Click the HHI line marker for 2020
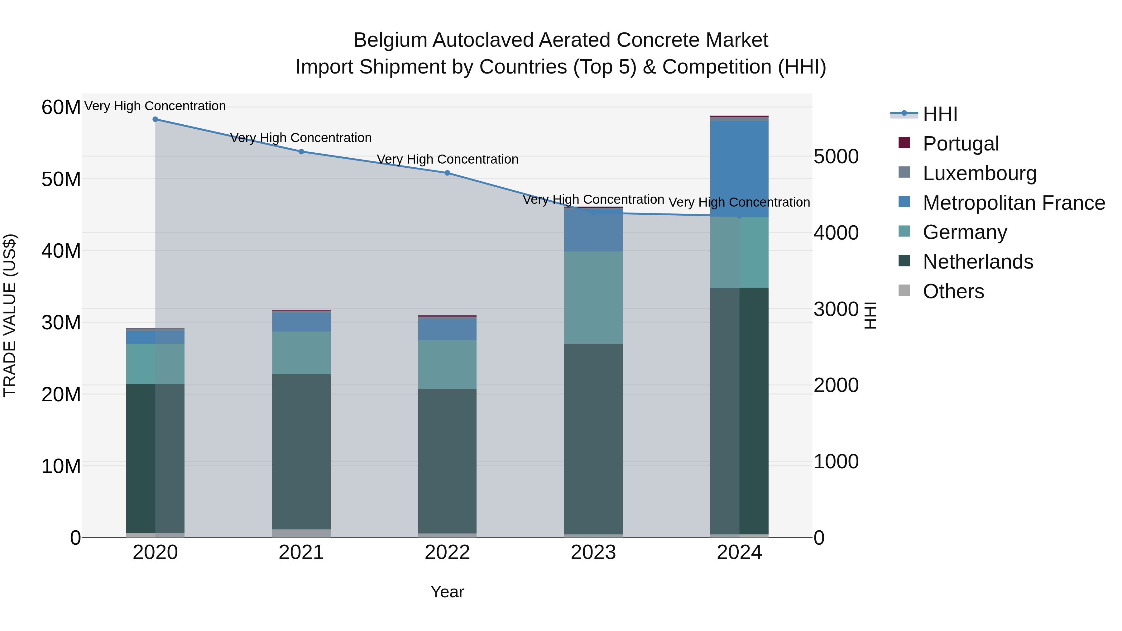click(x=155, y=119)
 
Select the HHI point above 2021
click(x=301, y=151)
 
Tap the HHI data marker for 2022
click(x=447, y=173)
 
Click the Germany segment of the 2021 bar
click(x=301, y=353)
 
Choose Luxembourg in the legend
click(x=979, y=173)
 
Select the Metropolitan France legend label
click(x=1013, y=203)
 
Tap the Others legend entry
click(x=953, y=291)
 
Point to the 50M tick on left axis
click(x=61, y=179)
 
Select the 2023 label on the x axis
click(x=593, y=552)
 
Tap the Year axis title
click(x=447, y=592)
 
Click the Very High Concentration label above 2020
click(x=155, y=106)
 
